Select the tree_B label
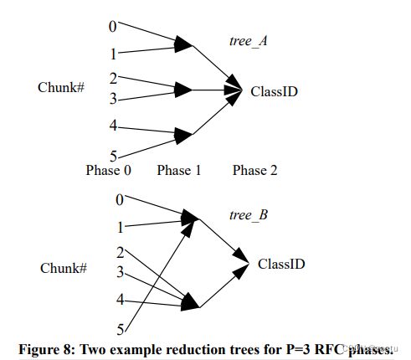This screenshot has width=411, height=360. point(248,215)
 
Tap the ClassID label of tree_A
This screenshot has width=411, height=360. point(274,91)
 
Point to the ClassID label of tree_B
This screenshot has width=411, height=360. point(280,265)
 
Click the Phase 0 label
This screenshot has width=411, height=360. point(109,171)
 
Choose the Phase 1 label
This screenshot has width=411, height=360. point(178,171)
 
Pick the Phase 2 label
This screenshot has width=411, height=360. point(254,171)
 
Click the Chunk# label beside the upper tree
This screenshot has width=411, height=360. point(61,88)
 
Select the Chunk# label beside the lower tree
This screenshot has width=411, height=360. point(64,268)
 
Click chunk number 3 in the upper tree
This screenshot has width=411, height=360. point(114,99)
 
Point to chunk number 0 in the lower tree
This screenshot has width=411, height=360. point(119,199)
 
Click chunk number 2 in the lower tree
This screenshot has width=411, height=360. point(121,252)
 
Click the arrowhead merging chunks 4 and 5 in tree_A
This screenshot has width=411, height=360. point(185,134)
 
